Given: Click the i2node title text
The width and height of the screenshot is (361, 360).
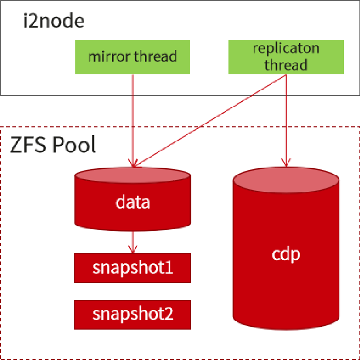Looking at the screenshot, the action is (54, 21).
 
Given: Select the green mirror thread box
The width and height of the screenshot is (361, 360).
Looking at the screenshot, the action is (133, 57).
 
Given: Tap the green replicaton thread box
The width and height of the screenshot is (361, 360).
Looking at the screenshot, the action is (286, 57).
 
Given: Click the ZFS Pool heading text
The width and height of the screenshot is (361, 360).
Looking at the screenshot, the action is (53, 144).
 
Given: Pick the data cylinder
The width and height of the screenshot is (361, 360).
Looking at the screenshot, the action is (133, 199).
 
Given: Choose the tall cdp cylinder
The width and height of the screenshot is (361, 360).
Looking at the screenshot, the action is (286, 248).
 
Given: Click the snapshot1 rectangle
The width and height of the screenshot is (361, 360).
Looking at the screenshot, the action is (133, 268).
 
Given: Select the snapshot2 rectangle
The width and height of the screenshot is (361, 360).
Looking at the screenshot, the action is (133, 315).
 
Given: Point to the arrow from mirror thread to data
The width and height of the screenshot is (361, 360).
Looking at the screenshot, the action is (133, 121).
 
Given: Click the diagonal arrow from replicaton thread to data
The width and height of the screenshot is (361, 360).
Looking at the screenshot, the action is (209, 121).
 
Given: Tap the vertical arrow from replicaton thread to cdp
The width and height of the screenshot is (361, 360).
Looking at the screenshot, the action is (286, 120).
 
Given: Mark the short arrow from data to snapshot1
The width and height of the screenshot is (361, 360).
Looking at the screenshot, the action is (133, 242).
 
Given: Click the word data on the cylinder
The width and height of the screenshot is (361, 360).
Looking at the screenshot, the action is (133, 202).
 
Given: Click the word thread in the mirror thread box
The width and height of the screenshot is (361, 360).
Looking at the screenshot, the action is (156, 56).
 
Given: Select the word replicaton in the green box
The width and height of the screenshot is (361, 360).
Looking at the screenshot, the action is (286, 48).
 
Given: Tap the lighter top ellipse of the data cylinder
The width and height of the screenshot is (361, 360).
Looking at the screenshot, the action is (133, 175).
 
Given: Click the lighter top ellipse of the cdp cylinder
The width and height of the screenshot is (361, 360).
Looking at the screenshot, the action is (286, 180).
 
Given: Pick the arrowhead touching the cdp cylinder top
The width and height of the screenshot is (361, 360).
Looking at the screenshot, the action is (286, 163).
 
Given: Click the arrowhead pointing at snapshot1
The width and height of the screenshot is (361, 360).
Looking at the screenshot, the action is (133, 250).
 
